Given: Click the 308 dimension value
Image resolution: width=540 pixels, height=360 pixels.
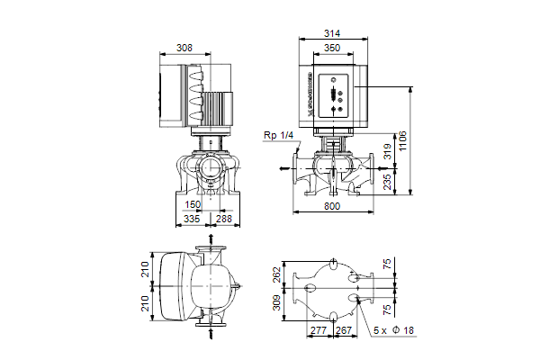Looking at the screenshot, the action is tap(184, 48).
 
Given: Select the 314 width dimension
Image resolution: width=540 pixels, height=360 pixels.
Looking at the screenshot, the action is tap(332, 33).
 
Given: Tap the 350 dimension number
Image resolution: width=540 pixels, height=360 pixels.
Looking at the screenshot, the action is tap(332, 48).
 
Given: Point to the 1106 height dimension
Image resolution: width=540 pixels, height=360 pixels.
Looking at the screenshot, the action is tap(402, 141).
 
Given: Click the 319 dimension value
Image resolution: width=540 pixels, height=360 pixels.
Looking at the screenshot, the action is tap(388, 152).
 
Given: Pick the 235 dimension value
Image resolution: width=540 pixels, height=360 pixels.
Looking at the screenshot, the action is tap(388, 182).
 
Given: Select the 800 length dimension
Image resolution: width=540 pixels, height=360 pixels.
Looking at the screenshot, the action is tap(332, 206).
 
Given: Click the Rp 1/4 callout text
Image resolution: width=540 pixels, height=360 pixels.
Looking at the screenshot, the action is tap(279, 135).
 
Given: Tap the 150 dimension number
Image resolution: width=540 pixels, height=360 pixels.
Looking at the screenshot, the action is tap(193, 204).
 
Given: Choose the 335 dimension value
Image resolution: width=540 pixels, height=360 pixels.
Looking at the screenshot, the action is tap(192, 219).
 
